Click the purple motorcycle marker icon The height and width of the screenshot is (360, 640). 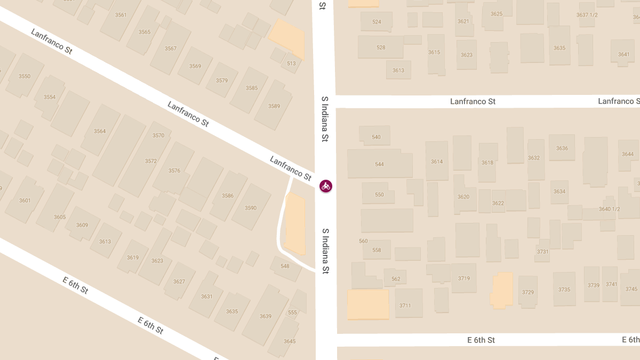325,186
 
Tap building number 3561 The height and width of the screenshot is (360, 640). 121,15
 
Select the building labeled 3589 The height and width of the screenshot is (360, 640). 274,106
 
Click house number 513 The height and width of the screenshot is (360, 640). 291,63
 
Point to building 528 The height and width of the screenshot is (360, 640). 381,47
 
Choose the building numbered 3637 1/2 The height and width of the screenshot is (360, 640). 587,15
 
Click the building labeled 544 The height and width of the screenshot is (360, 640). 379,164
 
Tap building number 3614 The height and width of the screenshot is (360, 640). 437,161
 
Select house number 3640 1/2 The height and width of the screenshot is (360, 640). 609,209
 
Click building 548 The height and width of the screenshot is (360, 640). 285,266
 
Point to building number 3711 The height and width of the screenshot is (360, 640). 405,305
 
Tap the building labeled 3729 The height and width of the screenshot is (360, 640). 528,292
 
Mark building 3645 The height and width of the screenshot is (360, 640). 290,341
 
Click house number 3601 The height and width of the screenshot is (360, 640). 25,201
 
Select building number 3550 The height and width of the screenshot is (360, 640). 25,76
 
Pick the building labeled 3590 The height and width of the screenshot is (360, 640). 251,208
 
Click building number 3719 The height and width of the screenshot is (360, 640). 464,278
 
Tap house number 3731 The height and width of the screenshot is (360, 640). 543,252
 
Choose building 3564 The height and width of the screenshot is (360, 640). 100,131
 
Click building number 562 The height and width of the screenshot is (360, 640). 396,279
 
